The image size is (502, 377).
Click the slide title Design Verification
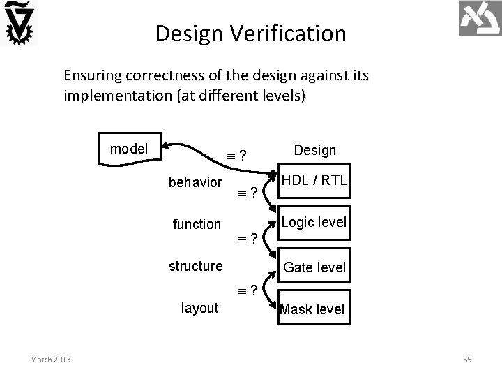[x=250, y=33]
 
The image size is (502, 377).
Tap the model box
[x=130, y=148]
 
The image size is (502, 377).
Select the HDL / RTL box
[x=313, y=180]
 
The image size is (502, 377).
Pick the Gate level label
[x=314, y=267]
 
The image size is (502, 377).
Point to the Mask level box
[x=312, y=309]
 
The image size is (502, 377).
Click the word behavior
[x=196, y=182]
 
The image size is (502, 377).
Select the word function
[x=197, y=224]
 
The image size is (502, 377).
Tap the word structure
[x=196, y=265]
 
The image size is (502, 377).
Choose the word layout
[x=199, y=308]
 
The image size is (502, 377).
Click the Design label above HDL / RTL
[x=315, y=150]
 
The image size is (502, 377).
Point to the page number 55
[x=467, y=359]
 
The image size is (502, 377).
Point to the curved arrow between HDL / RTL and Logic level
[x=267, y=202]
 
